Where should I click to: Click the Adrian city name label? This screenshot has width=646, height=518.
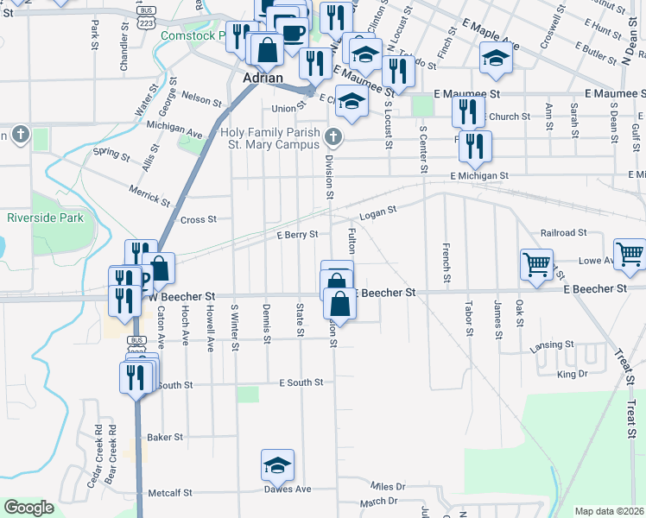coord(263,77)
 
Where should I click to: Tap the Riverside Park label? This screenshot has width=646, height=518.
coord(45,218)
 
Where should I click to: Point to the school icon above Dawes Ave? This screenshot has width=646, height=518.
coord(277,464)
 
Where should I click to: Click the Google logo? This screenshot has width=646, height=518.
coord(28,508)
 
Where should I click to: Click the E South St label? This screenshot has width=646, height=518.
coord(301,382)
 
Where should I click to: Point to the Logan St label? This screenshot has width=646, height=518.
coord(377,210)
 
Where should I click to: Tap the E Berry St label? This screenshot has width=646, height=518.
coord(297,234)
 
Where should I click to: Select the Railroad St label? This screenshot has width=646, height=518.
coord(563,233)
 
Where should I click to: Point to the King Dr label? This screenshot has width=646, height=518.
coord(572,374)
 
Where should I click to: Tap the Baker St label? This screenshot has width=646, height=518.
coord(164,437)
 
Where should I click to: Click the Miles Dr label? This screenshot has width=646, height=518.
coord(388,487)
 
